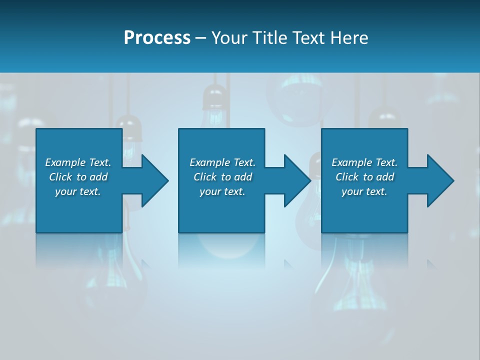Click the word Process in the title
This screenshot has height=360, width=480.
[157, 38]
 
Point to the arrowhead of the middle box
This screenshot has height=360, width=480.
[297, 180]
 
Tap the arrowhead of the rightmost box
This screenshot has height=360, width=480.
[440, 180]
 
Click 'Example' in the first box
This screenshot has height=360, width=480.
[65, 162]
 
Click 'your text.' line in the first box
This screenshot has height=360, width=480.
[78, 191]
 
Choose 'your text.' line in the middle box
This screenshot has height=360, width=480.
[222, 191]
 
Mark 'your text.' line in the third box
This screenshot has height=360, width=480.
[364, 191]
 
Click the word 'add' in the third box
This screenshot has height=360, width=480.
[385, 177]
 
